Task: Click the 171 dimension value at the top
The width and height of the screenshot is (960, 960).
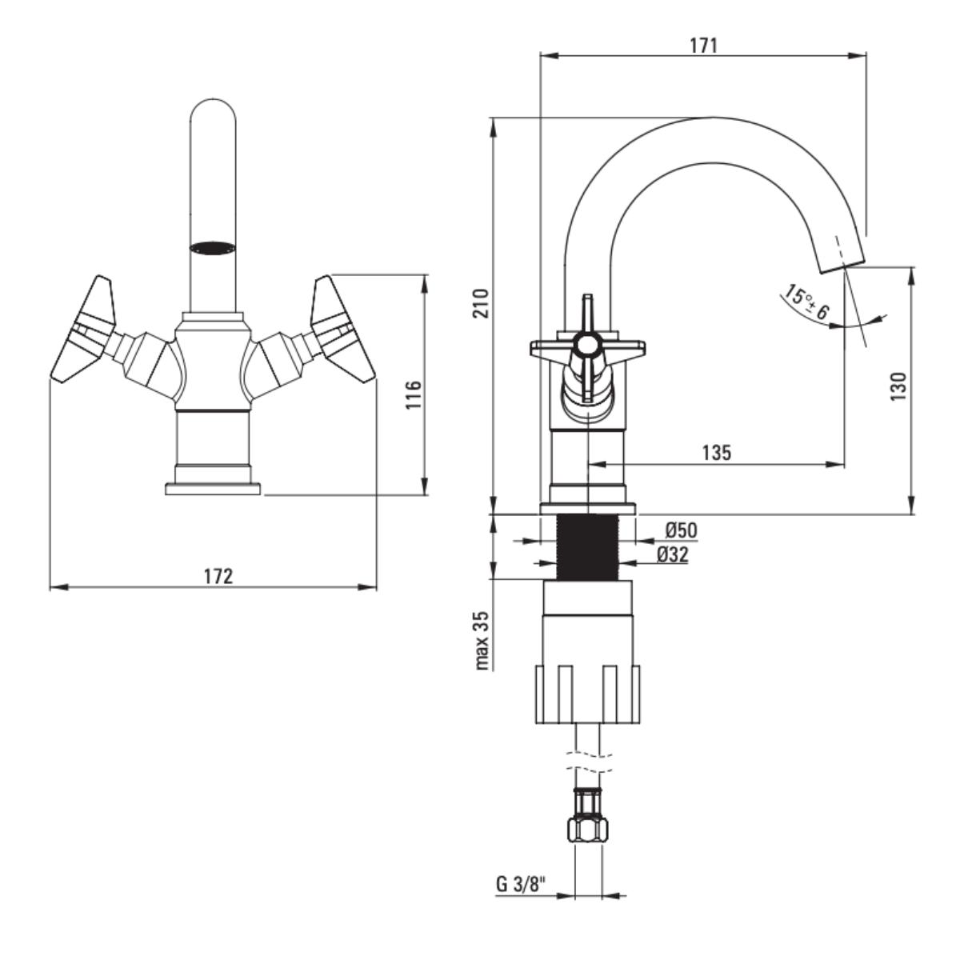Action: click(703, 45)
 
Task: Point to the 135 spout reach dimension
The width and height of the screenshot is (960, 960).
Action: click(716, 452)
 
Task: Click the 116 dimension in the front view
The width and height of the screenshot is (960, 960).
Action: click(411, 394)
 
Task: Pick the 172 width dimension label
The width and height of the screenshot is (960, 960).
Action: click(218, 576)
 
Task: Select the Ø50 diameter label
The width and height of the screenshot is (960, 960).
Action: click(680, 530)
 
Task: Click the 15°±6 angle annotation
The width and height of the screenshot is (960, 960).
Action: click(806, 302)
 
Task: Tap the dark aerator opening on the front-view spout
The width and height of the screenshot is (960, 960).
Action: click(214, 247)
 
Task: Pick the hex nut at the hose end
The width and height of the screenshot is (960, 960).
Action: click(588, 829)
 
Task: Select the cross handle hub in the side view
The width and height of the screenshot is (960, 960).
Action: click(588, 346)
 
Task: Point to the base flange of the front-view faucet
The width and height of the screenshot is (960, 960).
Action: click(214, 488)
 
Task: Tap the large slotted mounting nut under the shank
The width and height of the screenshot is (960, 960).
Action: click(588, 693)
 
